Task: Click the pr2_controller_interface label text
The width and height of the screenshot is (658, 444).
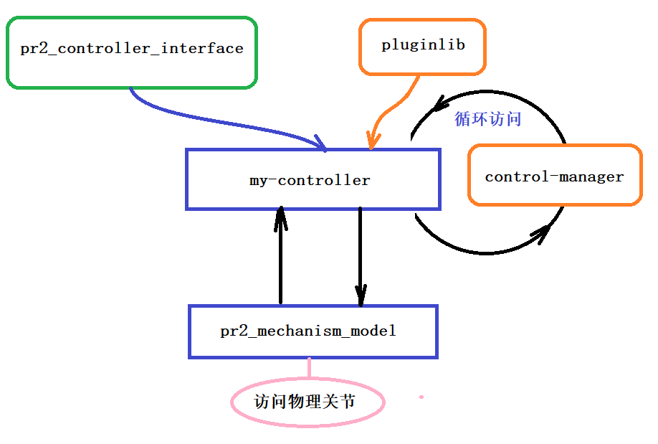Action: [132, 49]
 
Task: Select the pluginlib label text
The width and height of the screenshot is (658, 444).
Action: [423, 44]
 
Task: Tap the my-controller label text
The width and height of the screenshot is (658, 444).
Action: [310, 180]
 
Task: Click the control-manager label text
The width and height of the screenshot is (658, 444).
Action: [554, 176]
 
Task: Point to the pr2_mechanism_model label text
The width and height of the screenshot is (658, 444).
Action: [308, 331]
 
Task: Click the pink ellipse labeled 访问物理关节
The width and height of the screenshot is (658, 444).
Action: [307, 402]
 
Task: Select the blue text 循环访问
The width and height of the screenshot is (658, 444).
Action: [487, 119]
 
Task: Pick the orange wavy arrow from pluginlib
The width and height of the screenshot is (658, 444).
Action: [398, 108]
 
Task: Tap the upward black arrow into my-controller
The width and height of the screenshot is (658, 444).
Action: [280, 258]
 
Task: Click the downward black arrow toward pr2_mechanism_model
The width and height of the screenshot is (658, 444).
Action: [360, 251]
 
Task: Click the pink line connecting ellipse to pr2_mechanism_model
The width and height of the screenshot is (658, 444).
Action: [309, 368]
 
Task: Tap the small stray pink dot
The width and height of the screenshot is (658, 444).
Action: [421, 397]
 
